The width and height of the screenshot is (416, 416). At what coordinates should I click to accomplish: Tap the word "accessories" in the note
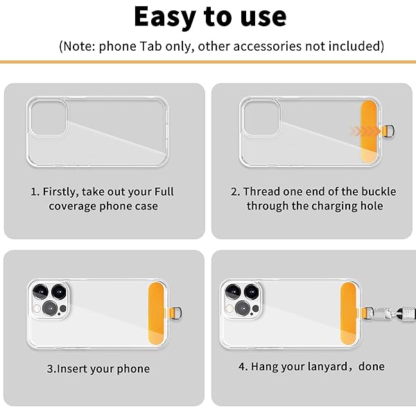[268, 46]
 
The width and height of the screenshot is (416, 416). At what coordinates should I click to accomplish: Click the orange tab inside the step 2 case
[369, 131]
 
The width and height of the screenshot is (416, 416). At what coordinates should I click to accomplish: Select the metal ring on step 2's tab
[389, 131]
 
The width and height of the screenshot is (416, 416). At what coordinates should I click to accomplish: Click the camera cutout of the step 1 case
[48, 118]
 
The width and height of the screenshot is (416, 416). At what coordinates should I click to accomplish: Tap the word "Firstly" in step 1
[60, 192]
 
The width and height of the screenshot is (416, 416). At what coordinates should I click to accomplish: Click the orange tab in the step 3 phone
[157, 313]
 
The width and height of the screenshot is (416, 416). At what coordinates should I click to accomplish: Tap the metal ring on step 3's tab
[176, 313]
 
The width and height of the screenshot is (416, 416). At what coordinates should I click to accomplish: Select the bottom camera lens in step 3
[50, 308]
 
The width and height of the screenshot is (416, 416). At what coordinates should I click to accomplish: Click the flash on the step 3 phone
[37, 309]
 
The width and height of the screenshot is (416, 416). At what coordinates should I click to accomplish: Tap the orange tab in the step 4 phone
[348, 313]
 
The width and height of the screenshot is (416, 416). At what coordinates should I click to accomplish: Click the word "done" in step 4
[372, 366]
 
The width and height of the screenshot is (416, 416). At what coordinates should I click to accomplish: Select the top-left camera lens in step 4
[233, 291]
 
